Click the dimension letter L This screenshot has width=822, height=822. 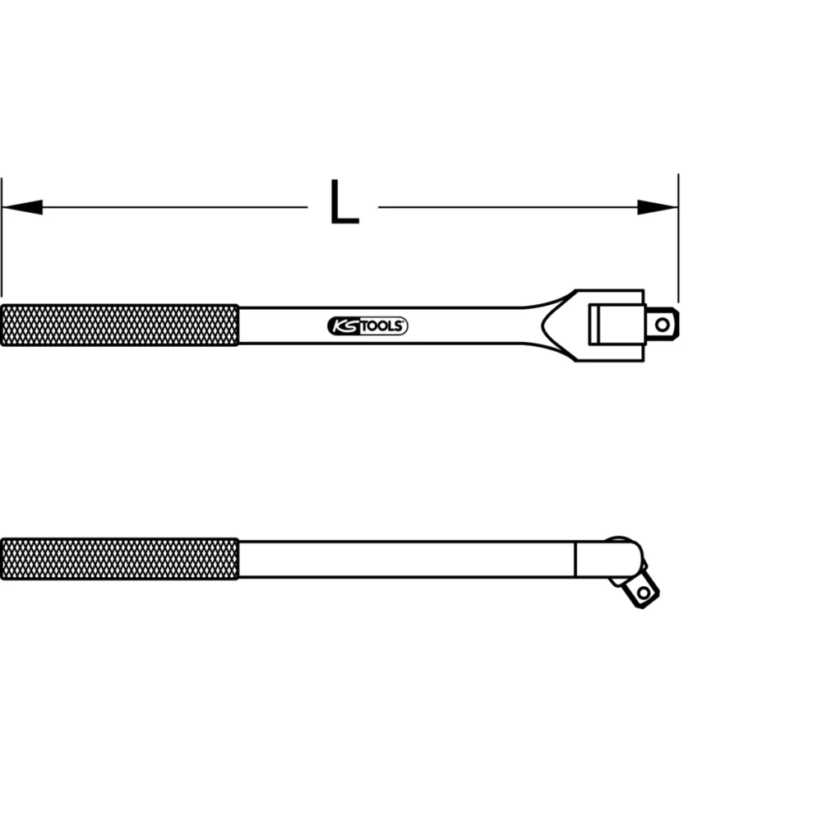point(344,203)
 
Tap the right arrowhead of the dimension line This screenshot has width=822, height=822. point(658,207)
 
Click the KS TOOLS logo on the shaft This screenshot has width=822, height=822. point(367,326)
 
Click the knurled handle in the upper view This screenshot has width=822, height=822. point(119,326)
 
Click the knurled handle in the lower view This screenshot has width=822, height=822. point(119,559)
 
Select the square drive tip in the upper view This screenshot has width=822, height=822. point(662,324)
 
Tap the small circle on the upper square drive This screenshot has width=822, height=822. point(663,324)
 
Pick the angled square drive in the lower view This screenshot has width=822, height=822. point(639,588)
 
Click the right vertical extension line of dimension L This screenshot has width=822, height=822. point(678,247)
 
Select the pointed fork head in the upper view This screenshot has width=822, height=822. point(559,325)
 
